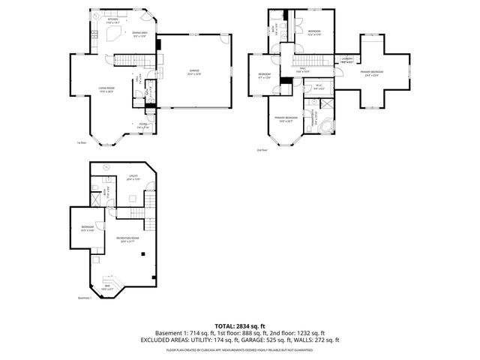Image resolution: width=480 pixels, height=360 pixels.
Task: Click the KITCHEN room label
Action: click(113, 22)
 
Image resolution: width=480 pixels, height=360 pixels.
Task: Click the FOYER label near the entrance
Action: click(143, 125)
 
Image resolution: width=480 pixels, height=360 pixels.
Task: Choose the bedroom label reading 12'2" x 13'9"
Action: click(313, 33)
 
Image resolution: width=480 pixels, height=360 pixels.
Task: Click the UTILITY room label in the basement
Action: click(132, 178)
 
